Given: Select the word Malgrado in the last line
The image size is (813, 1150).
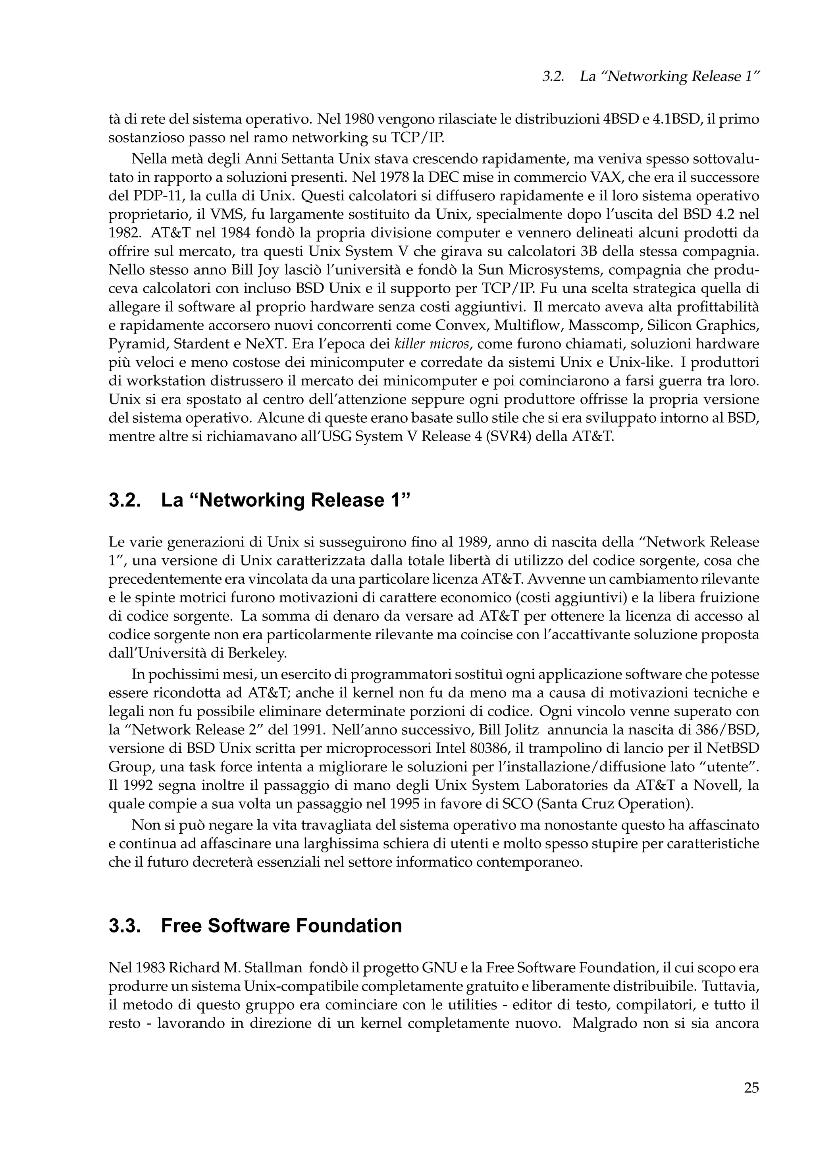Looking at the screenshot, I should (x=606, y=1023).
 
